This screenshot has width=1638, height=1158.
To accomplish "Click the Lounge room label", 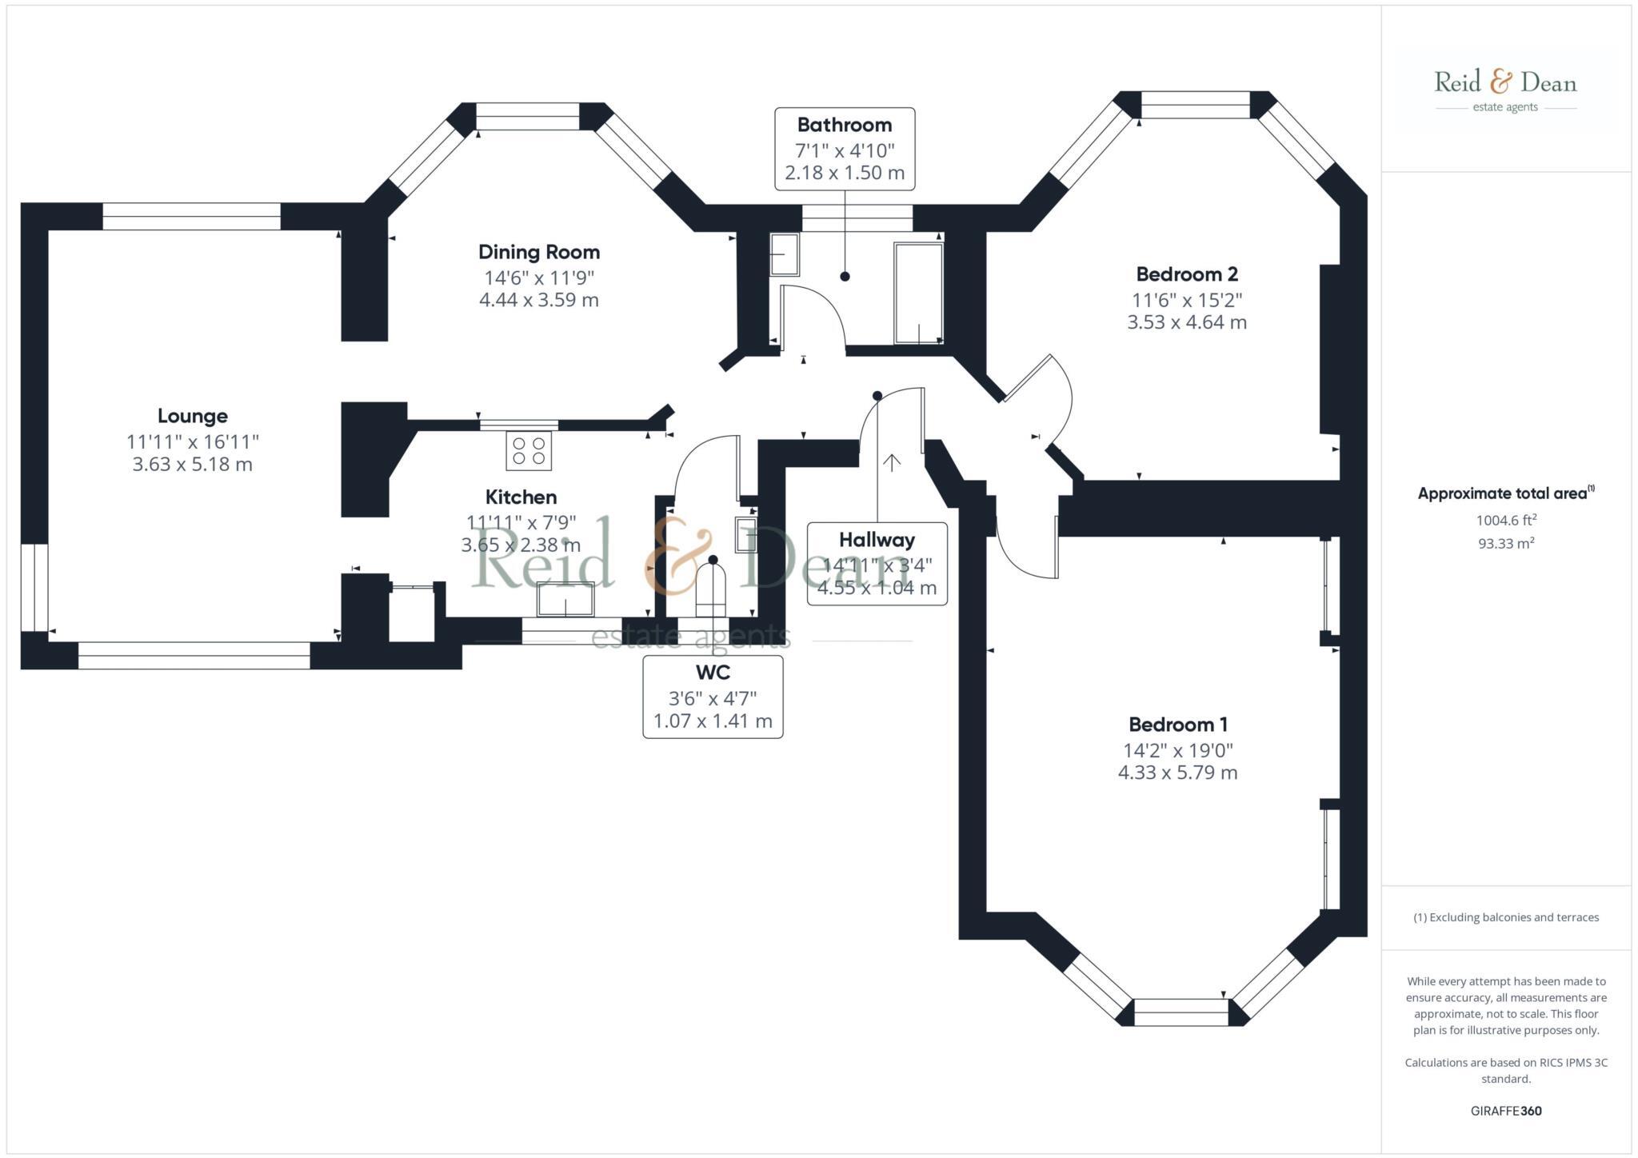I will (192, 416).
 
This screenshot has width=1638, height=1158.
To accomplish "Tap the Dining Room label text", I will (538, 252).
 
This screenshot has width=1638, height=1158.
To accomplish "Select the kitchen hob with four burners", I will (529, 450).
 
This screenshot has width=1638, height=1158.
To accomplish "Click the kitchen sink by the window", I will (565, 599).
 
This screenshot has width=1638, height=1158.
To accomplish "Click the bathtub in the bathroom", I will (918, 293).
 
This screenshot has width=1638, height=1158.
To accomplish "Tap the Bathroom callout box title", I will (844, 125).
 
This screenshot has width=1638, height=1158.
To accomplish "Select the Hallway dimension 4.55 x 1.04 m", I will (877, 588).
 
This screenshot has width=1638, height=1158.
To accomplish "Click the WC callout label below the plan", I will (712, 672).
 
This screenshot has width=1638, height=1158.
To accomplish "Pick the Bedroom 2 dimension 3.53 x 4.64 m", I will (1186, 322).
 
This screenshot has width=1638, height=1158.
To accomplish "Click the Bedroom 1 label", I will (1177, 725).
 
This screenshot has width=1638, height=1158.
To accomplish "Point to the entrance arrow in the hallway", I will (892, 462).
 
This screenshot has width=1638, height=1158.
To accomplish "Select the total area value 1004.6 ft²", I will (1505, 520).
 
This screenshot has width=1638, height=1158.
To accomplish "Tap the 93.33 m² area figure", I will (1505, 544).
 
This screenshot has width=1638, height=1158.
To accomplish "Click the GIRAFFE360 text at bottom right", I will (1505, 1111).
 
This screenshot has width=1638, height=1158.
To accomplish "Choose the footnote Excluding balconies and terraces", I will (1505, 917).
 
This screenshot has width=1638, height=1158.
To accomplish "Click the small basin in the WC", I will (745, 534).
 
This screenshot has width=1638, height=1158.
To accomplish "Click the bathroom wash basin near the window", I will (784, 254).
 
